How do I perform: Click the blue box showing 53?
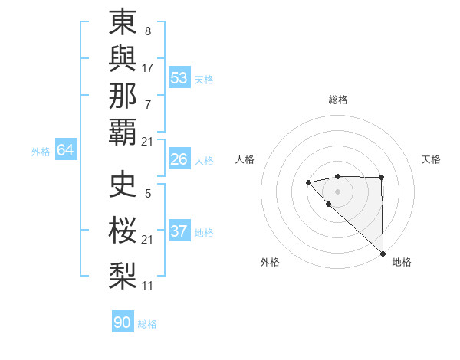pyautogui.click(x=179, y=78)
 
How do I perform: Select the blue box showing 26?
pyautogui.click(x=179, y=159)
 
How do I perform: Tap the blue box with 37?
pyautogui.click(x=179, y=231)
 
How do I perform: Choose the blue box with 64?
pyautogui.click(x=65, y=150)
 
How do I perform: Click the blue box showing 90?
pyautogui.click(x=122, y=322)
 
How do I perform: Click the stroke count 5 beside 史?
pyautogui.click(x=148, y=194)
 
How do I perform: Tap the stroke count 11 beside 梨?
pyautogui.click(x=148, y=285)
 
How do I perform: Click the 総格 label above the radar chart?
pyautogui.click(x=337, y=100)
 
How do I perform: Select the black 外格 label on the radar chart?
pyautogui.click(x=270, y=262)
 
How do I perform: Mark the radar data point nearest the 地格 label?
pyautogui.click(x=382, y=254)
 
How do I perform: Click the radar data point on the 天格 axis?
pyautogui.click(x=381, y=178)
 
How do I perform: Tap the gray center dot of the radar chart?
pyautogui.click(x=337, y=191)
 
